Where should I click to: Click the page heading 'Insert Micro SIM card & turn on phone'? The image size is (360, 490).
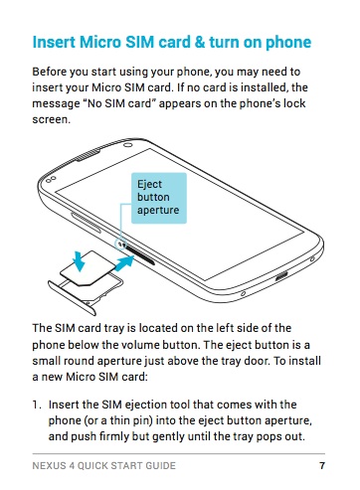[x=172, y=43]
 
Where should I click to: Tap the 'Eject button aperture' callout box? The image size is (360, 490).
[x=159, y=198]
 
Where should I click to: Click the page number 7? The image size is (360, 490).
[x=322, y=465]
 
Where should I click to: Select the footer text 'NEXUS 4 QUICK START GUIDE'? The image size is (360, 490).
[x=103, y=465]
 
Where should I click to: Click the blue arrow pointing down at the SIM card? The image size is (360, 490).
[x=79, y=261]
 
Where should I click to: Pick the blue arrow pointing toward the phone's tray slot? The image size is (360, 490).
[x=124, y=263]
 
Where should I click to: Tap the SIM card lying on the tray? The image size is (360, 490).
[x=87, y=268]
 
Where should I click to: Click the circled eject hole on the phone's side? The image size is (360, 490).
[x=120, y=245]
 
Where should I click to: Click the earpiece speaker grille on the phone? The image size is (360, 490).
[x=88, y=155]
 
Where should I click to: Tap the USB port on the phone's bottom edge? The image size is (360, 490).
[x=281, y=275]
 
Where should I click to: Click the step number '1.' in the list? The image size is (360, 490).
[x=37, y=405]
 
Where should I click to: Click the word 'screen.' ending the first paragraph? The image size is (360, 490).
[x=52, y=119]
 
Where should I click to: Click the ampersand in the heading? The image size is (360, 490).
[x=200, y=43]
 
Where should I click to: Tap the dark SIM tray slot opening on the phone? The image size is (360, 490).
[x=140, y=255]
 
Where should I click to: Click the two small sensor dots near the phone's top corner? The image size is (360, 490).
[x=51, y=179]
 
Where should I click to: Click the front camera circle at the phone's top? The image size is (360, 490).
[x=128, y=145]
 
